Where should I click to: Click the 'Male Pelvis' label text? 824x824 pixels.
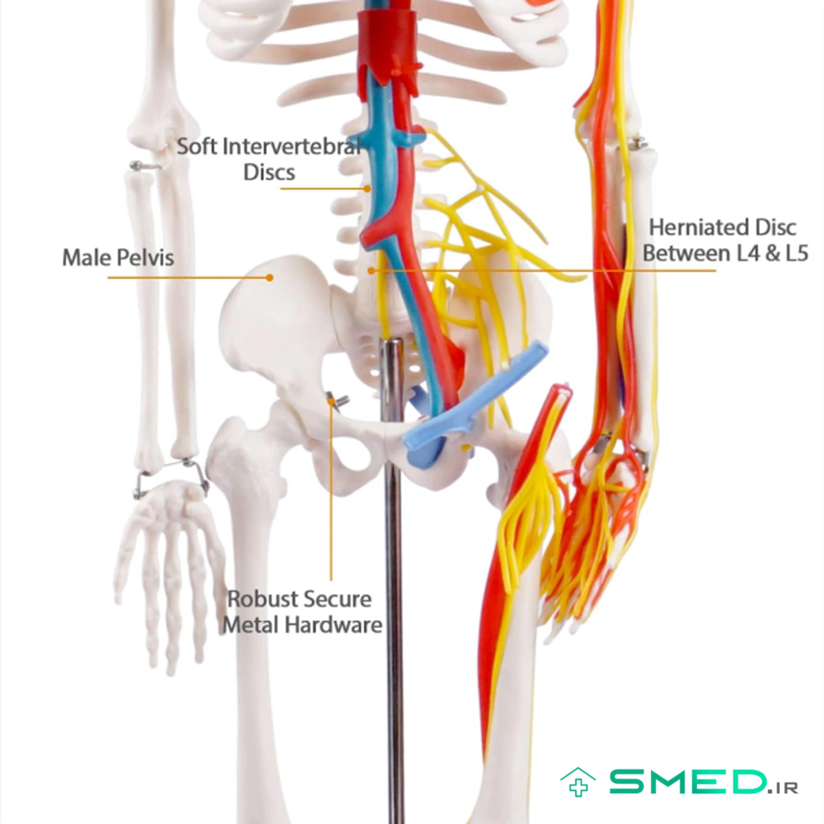(118, 257)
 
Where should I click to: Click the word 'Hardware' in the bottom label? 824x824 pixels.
(334, 625)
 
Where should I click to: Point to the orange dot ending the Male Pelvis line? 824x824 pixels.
(269, 277)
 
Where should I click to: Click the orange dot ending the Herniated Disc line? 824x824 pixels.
(371, 271)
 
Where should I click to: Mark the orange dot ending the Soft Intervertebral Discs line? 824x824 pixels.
(367, 188)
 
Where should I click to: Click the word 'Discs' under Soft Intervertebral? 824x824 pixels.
(269, 172)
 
